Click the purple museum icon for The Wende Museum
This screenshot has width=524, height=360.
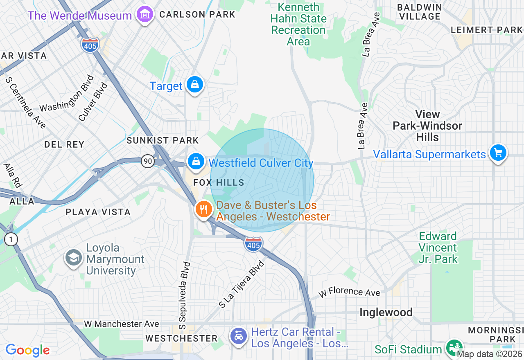coord(144,15)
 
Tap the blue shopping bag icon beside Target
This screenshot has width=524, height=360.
coord(195,85)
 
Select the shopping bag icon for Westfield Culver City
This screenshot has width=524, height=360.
coord(196,161)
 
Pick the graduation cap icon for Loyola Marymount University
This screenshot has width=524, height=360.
coord(74,259)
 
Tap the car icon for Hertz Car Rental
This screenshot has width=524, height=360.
coord(239,336)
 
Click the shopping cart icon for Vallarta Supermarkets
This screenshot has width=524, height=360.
coord(498,153)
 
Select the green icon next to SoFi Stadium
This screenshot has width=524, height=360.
coord(453,348)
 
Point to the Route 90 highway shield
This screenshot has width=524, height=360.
coord(148,161)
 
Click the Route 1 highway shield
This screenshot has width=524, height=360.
coord(11,239)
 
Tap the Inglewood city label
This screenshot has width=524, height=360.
coord(386,313)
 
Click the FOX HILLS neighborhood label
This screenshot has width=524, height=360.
coord(219,183)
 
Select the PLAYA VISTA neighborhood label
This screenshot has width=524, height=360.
coord(98,212)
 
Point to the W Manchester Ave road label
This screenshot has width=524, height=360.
coord(122,324)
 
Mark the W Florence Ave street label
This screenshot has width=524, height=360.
coord(349,292)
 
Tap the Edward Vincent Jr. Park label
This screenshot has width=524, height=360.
coord(438,248)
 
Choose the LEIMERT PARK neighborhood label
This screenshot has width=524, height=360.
coord(486,30)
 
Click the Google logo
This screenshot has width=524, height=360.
coord(27,350)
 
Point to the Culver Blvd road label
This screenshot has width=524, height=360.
coord(93,102)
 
